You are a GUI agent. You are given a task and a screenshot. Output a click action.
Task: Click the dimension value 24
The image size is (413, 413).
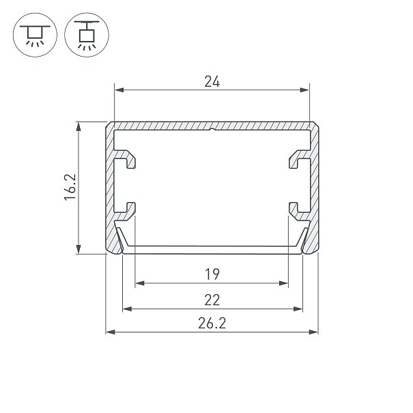point(212,81)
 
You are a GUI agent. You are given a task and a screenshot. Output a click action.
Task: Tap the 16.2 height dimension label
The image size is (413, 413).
point(70,187)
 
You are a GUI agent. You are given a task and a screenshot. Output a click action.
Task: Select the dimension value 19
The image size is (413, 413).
point(212,274)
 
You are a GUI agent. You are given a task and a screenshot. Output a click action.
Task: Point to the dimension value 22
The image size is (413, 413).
point(212,300)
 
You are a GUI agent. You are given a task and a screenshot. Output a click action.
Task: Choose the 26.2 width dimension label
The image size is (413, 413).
point(212,323)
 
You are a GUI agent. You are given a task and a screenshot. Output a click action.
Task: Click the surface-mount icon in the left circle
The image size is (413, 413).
point(35,36)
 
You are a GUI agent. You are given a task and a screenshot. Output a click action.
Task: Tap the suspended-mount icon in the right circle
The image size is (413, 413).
point(87,35)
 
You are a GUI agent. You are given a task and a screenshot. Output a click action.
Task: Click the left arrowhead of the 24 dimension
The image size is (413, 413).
point(119,90)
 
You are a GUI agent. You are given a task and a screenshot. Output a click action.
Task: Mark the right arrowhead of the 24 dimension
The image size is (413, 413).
point(304,90)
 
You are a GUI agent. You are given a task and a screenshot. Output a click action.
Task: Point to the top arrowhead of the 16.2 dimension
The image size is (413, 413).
point(79,127)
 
